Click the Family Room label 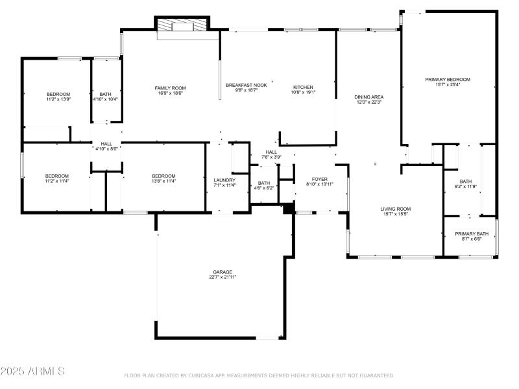(x=170, y=88)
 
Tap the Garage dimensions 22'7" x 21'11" (x=222, y=277)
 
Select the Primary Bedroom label (x=448, y=79)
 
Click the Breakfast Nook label (x=247, y=86)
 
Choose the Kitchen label (x=303, y=87)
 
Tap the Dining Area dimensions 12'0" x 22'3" (x=367, y=102)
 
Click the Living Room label (x=395, y=209)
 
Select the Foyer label (x=320, y=178)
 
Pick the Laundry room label (x=224, y=180)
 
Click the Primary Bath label (x=472, y=233)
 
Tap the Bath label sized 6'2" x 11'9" (x=466, y=182)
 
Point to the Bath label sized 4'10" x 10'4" (x=105, y=95)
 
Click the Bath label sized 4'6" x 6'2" (x=264, y=183)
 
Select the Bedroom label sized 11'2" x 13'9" (x=58, y=94)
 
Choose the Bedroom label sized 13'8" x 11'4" (x=163, y=176)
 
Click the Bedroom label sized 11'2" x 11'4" (x=57, y=176)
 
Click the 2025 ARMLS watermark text (x=32, y=371)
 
